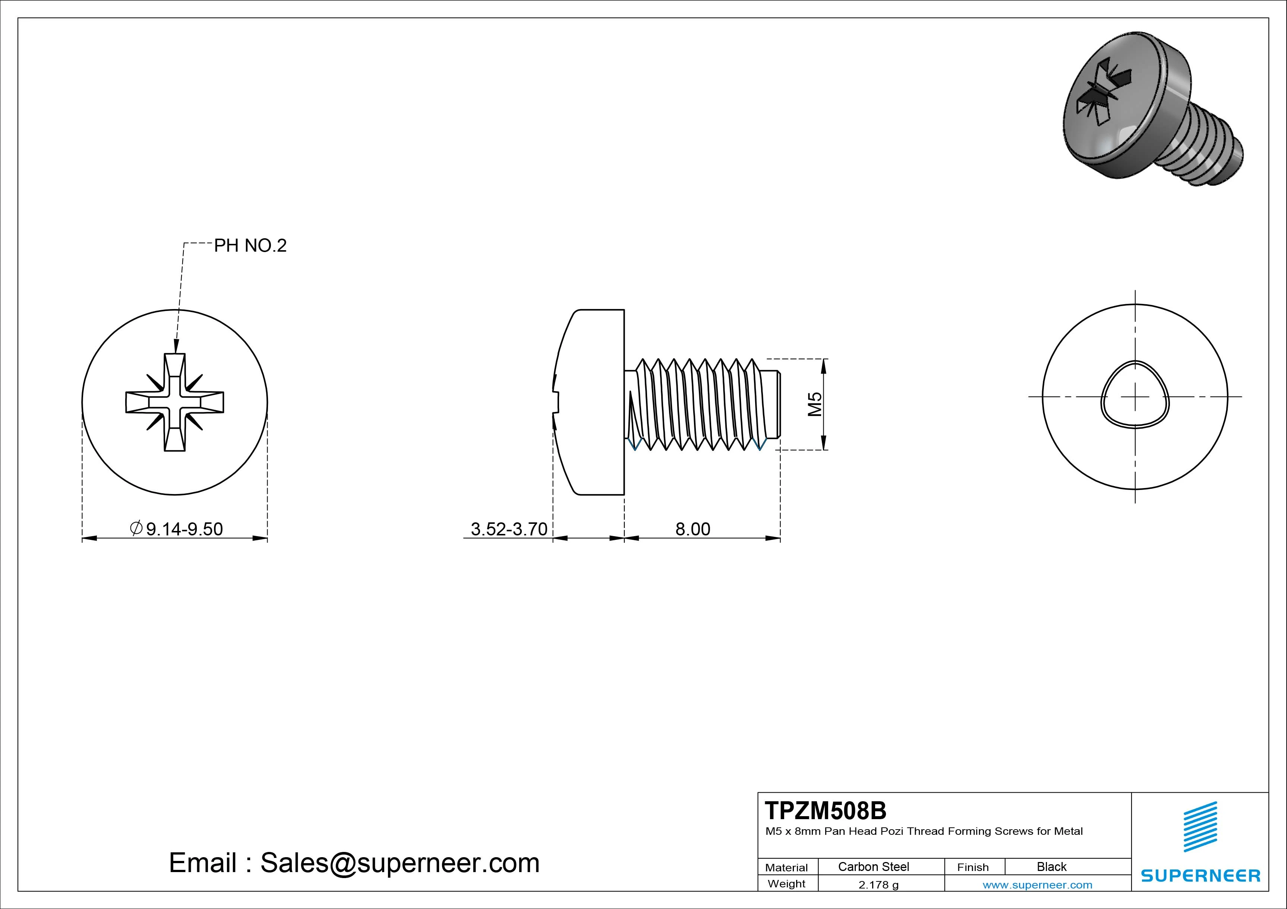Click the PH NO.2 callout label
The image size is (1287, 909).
(250, 246)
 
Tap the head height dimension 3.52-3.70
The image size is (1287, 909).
(508, 529)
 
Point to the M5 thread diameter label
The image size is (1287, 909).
(814, 404)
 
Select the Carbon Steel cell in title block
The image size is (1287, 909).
(873, 866)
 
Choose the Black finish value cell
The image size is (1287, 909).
(1051, 866)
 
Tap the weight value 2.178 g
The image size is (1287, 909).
(878, 884)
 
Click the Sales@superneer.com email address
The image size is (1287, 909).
(400, 862)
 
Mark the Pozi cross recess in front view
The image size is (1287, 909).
(174, 402)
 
